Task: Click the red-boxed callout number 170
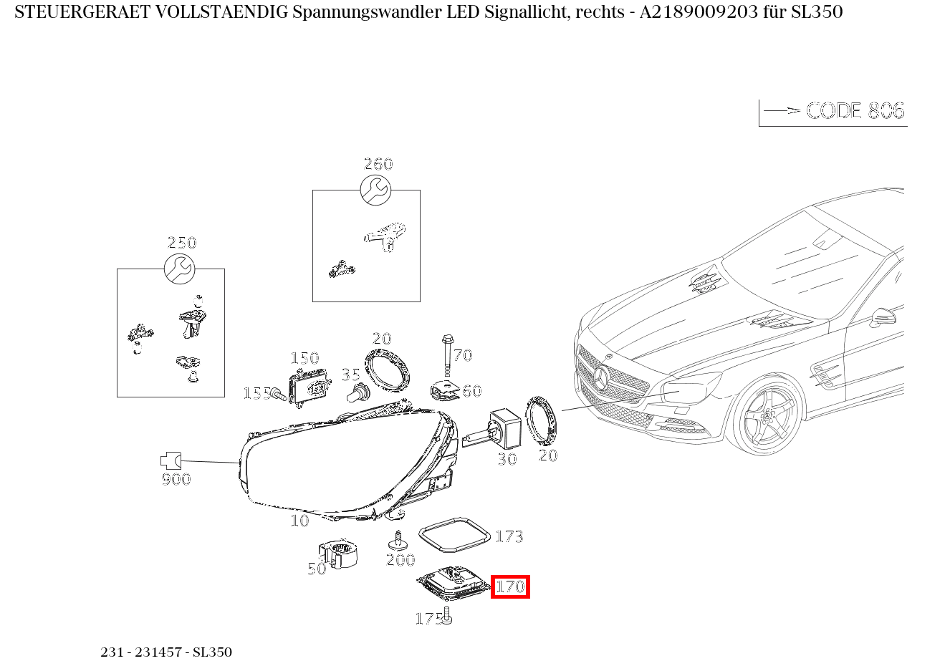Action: click(x=510, y=586)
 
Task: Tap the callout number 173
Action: click(x=509, y=536)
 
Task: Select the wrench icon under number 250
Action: click(x=178, y=269)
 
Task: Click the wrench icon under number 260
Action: click(x=375, y=190)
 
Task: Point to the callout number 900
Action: click(x=176, y=479)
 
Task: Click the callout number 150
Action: click(x=304, y=358)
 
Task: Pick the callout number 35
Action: click(x=350, y=375)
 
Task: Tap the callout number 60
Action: click(x=471, y=391)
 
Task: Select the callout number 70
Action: click(x=463, y=355)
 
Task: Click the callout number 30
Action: click(x=507, y=459)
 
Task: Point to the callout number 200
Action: click(x=400, y=560)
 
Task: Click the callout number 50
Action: click(x=317, y=569)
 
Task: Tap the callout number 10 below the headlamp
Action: click(x=299, y=521)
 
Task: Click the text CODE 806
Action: click(x=855, y=111)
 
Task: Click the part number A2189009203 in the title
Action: click(x=699, y=12)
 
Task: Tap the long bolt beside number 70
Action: click(x=447, y=355)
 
